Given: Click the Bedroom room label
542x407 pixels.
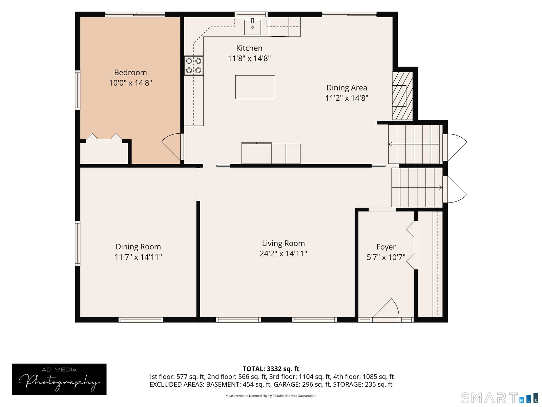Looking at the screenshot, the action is (130, 72).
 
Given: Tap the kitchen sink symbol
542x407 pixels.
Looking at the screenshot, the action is (252, 27).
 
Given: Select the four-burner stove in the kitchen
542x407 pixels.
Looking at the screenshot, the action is (193, 65).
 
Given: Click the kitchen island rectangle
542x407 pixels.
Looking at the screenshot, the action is (255, 87).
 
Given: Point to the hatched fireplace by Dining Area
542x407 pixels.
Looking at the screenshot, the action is (402, 96).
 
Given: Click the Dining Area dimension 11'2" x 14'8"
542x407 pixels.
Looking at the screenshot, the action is (347, 98).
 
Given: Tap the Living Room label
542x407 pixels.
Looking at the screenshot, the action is (283, 243).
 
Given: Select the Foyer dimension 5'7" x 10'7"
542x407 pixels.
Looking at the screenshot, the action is (386, 257).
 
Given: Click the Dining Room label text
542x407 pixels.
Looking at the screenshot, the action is (138, 247).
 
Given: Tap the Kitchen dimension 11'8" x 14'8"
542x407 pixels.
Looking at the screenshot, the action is (249, 58).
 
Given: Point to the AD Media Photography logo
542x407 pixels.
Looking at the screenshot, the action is (59, 379).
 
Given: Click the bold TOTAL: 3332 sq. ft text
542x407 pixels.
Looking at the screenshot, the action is (271, 369).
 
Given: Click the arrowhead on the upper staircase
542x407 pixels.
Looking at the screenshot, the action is (390, 144).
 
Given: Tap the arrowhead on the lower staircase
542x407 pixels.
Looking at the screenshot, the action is (440, 188).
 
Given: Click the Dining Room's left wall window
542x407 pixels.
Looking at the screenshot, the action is (78, 243).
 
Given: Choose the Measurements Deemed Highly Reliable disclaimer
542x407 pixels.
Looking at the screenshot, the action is (271, 396).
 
